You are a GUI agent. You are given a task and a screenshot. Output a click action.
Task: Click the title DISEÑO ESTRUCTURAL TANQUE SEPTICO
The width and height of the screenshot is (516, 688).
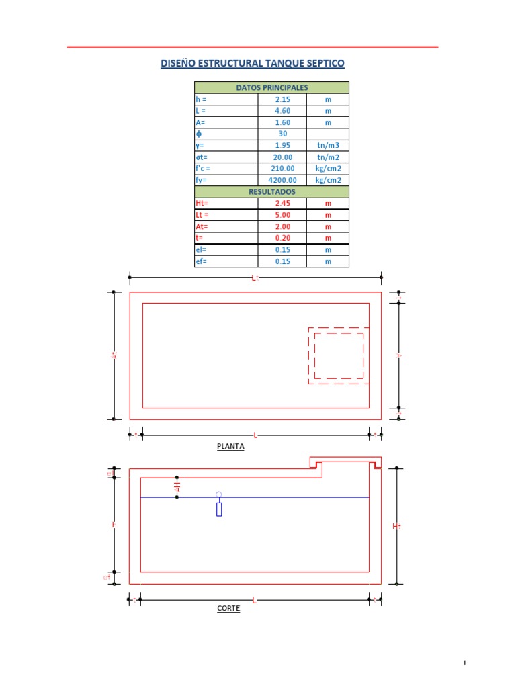click(252, 64)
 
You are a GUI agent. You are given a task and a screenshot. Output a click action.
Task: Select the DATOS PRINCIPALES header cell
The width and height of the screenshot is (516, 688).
click(271, 87)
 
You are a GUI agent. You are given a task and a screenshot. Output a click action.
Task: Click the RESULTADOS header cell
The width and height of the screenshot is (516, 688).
click(271, 191)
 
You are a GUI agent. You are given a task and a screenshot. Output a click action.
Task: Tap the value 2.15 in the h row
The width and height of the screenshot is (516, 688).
click(282, 99)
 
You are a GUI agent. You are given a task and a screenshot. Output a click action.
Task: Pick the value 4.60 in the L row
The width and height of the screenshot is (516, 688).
click(282, 111)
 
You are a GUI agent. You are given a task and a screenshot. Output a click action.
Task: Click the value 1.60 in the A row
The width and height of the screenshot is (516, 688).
click(282, 122)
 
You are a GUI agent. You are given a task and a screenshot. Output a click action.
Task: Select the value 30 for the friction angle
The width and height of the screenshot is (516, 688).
click(282, 134)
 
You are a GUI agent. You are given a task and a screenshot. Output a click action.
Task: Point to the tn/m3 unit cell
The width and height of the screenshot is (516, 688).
click(328, 146)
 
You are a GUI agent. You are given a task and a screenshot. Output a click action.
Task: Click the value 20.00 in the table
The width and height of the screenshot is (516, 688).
click(282, 157)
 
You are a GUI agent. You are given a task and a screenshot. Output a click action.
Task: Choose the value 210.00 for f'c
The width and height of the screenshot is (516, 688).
click(282, 169)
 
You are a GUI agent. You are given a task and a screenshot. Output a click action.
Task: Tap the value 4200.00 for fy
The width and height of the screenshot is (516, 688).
click(282, 180)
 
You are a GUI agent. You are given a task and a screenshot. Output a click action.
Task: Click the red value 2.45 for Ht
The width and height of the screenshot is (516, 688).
click(282, 203)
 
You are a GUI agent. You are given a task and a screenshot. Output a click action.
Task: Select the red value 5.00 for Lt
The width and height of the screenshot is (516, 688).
click(282, 215)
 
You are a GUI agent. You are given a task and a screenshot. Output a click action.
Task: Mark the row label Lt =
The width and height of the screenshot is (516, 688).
click(203, 215)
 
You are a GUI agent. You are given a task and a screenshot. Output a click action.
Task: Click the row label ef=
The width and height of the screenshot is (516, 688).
click(202, 261)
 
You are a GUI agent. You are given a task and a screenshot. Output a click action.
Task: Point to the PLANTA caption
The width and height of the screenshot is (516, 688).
click(230, 446)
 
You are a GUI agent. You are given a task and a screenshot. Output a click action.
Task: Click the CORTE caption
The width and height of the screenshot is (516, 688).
click(228, 609)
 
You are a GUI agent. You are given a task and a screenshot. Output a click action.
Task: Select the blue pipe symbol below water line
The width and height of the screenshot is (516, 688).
click(219, 508)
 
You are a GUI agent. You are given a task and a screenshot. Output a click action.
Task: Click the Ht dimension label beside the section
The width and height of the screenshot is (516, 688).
click(397, 526)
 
